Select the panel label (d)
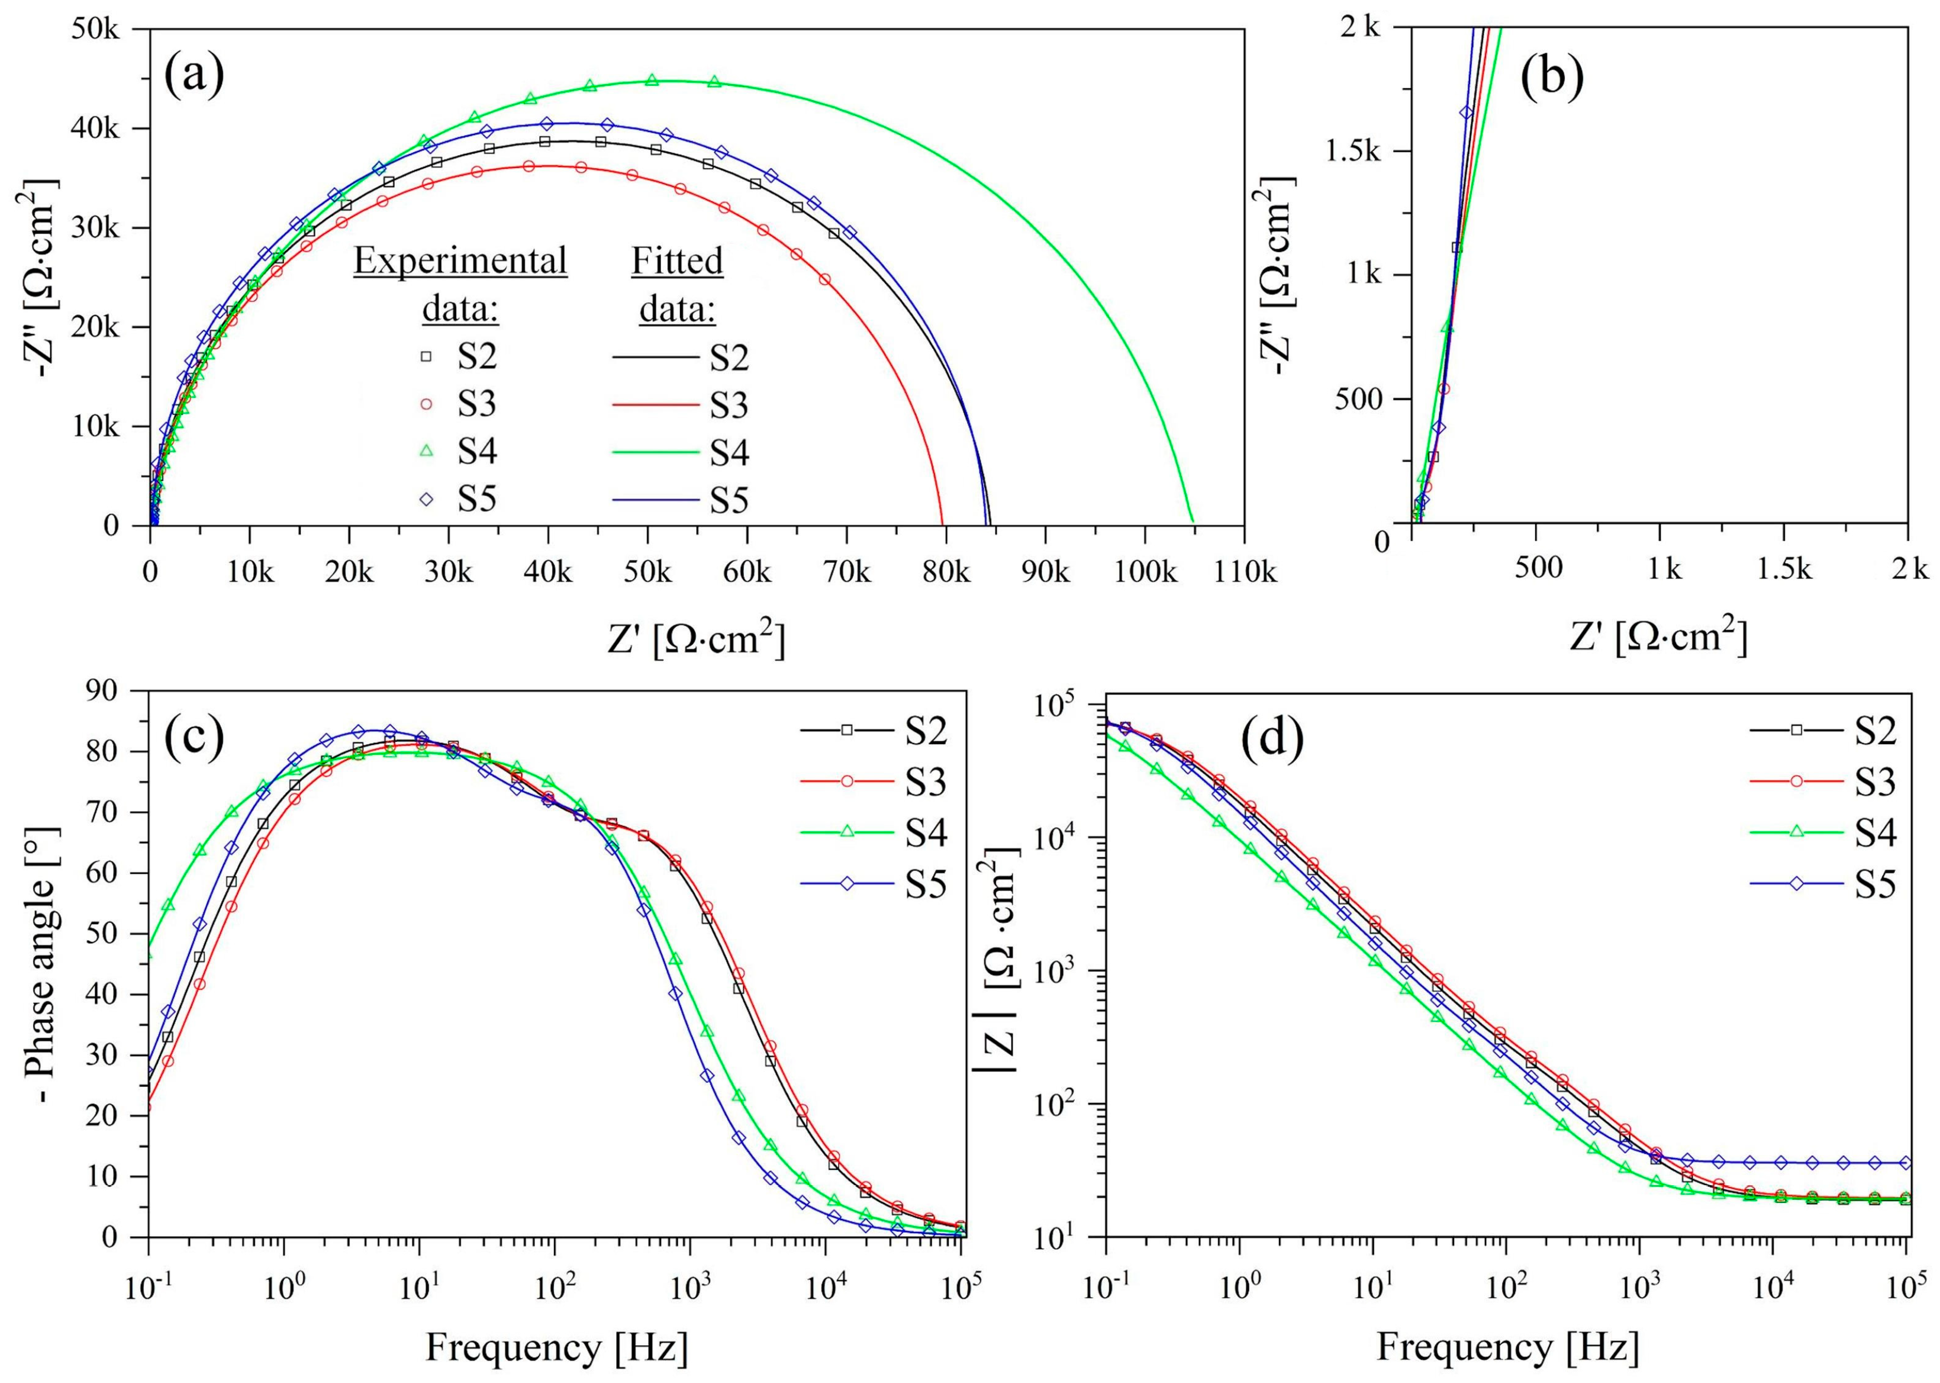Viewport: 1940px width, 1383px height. click(1272, 739)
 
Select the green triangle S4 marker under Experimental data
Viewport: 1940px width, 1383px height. click(427, 451)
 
